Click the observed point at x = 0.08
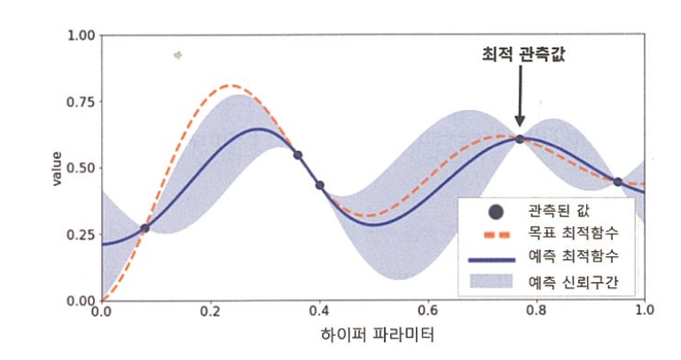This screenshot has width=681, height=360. pos(145,228)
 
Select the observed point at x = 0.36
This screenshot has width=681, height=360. pos(298,155)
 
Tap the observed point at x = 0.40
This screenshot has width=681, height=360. pos(319,185)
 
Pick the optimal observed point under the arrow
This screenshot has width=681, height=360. pos(520,139)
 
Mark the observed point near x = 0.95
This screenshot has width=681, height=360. pos(617,182)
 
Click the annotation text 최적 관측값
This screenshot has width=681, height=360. pos(524,54)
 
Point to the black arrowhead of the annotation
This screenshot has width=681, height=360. pos(520,121)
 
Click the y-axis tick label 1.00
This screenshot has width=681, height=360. pos(81,35)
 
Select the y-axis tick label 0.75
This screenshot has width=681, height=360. pos(81,102)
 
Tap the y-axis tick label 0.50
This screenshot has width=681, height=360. pos(81,168)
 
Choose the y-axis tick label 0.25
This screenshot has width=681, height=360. pos(81,234)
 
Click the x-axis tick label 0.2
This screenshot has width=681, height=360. pos(210,310)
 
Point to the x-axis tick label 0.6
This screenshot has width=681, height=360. pos(428,310)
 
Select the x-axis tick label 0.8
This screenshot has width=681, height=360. pos(536,310)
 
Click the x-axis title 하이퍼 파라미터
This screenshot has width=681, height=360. pos(378,335)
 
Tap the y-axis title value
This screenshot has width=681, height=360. pos(57,169)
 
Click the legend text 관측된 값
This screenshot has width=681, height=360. pos(559,211)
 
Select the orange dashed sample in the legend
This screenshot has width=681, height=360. pos(497,235)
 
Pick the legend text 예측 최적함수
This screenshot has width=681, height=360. pos(573,256)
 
